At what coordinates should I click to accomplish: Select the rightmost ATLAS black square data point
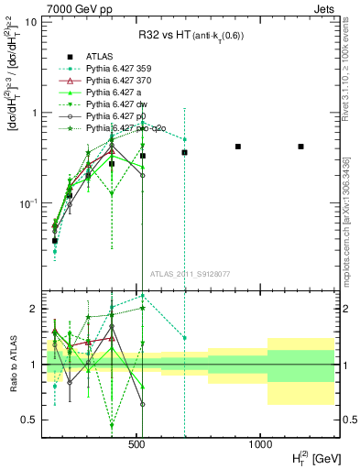click(300, 147)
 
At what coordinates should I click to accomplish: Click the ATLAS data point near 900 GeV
click(238, 147)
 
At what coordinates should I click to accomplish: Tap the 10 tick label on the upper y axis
click(30, 20)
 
